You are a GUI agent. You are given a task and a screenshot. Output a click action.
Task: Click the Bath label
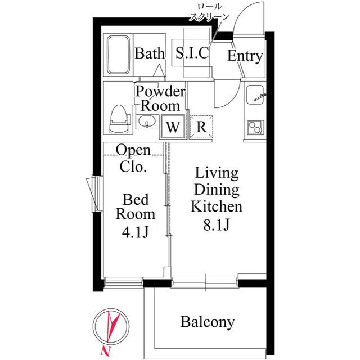click(x=150, y=54)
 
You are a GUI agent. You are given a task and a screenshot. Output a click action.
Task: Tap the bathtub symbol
click(x=118, y=55)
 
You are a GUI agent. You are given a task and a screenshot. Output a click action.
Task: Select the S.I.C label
click(x=192, y=54)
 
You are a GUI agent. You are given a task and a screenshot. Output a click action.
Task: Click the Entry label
click(x=245, y=56)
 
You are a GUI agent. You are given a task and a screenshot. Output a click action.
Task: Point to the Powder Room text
click(x=161, y=98)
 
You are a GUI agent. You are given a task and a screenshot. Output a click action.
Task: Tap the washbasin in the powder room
click(x=147, y=121)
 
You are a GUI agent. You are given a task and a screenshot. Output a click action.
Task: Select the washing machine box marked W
click(x=173, y=127)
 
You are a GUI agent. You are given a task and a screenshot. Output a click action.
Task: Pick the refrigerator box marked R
click(x=201, y=127)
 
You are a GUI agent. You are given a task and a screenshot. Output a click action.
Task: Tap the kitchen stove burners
click(x=255, y=127)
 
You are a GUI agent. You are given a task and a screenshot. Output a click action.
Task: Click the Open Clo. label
click(x=133, y=159)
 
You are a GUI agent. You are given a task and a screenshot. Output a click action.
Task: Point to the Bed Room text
click(x=136, y=206)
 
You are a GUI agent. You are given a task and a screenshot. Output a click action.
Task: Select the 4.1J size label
click(x=136, y=232)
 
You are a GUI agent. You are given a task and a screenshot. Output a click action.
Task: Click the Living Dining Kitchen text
click(x=217, y=189)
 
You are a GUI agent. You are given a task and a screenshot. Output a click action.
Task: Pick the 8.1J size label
click(x=217, y=225)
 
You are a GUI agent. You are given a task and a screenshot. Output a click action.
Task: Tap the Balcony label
click(x=207, y=322)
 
